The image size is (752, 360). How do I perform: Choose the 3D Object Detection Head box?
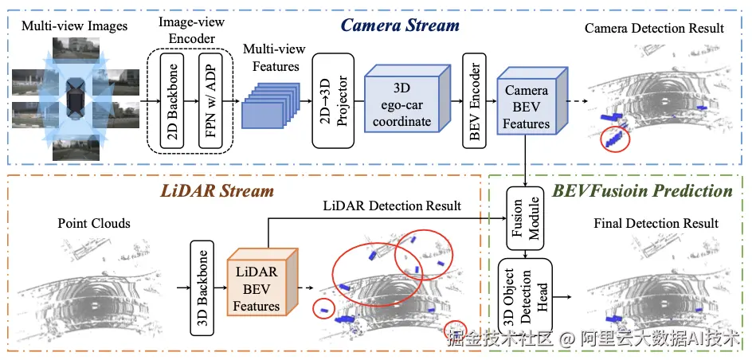click(x=523, y=295)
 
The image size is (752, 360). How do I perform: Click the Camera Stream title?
click(x=400, y=25)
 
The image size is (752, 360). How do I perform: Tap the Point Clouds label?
click(x=94, y=223)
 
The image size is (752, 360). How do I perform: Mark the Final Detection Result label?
click(x=656, y=223)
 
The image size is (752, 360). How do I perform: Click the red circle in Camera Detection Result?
click(x=615, y=139)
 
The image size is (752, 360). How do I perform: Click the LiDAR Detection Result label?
click(x=392, y=205)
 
